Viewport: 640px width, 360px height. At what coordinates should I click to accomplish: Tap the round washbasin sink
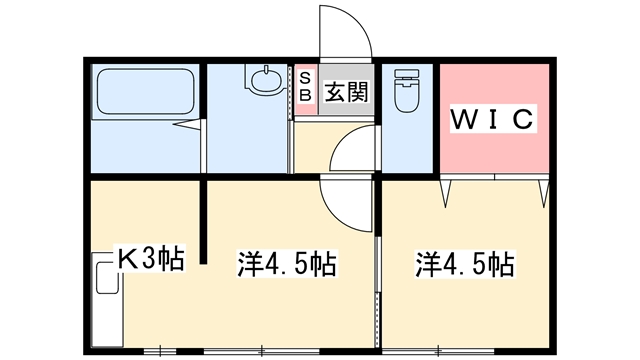point(267,80)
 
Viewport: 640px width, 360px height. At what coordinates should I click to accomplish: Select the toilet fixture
point(408,90)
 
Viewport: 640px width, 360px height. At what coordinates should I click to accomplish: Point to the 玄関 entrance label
point(343,92)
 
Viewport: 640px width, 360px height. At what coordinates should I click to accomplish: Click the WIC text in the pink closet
point(494,119)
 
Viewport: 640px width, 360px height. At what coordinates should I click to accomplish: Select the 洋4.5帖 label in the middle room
point(285,265)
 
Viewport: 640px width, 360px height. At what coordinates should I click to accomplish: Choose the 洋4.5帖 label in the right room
point(465,265)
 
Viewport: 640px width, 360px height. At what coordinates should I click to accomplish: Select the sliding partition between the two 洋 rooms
point(378,265)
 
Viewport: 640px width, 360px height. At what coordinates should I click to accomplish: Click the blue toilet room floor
point(408,145)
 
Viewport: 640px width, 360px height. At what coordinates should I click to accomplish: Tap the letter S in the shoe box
point(305,77)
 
